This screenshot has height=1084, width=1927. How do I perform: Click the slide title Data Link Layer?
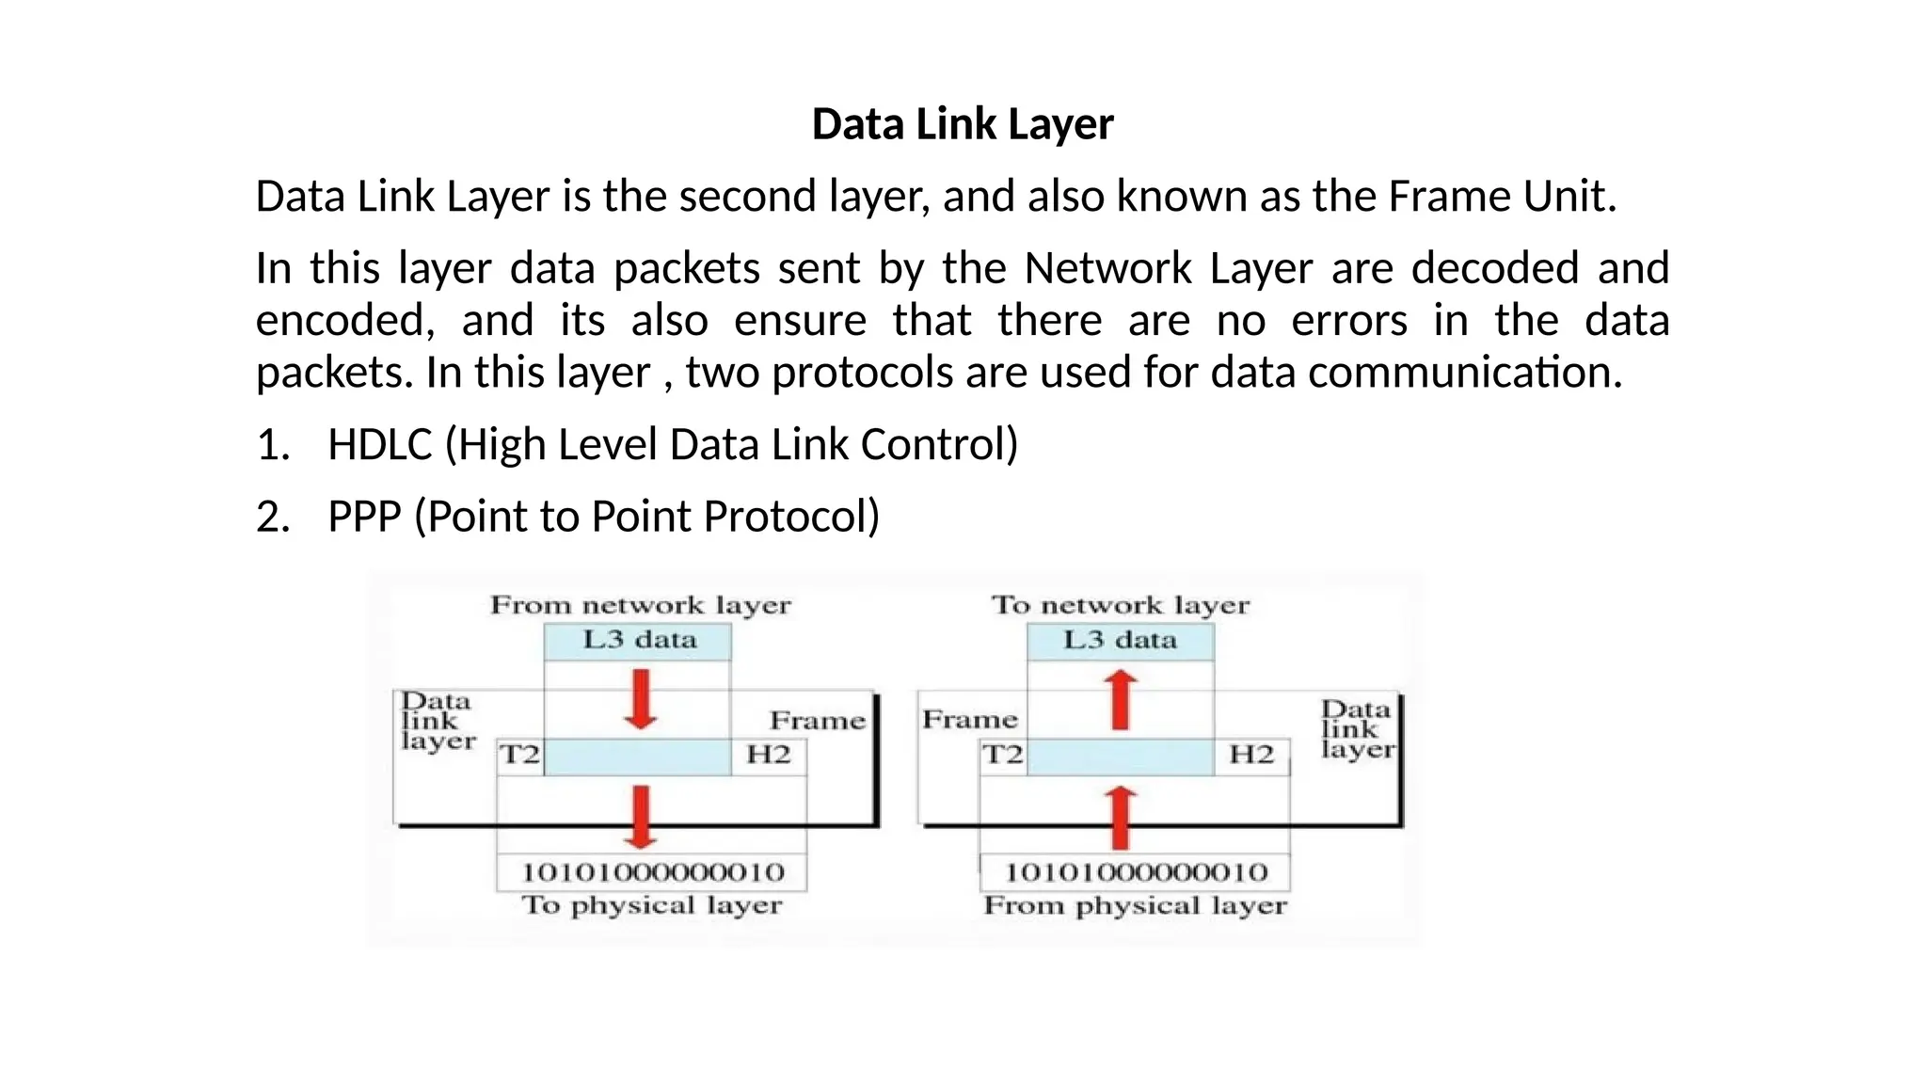click(963, 124)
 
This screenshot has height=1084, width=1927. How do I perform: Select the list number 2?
click(272, 517)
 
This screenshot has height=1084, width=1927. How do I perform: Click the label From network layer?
click(640, 605)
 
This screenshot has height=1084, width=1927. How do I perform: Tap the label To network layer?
click(1120, 605)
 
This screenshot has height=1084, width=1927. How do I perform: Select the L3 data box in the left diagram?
click(638, 641)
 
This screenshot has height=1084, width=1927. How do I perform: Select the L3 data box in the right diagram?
click(1120, 641)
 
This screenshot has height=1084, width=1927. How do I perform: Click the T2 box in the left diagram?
click(519, 755)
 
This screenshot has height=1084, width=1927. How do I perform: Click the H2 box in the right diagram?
click(1251, 755)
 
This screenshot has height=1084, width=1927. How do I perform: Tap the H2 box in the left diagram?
click(768, 755)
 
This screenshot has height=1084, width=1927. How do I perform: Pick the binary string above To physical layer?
click(652, 872)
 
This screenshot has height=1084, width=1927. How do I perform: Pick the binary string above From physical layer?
click(1135, 872)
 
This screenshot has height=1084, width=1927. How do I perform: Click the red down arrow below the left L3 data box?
click(641, 699)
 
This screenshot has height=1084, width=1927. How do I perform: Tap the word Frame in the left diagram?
click(817, 721)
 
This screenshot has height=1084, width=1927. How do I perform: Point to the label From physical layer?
click(1135, 906)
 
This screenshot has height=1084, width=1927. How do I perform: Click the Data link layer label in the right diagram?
click(1356, 729)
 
